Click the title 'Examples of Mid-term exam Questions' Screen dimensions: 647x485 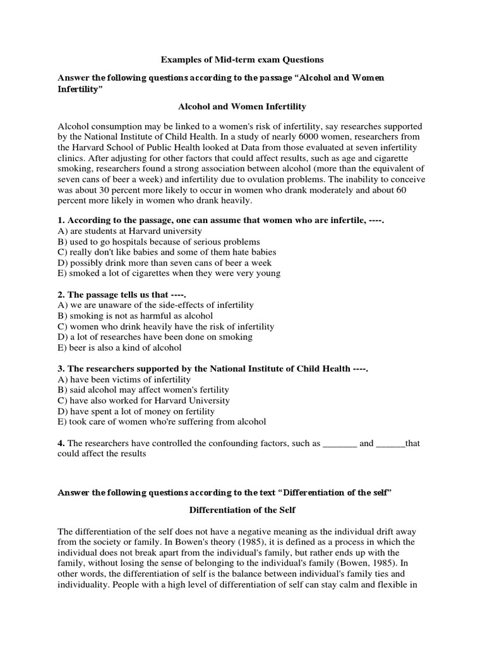pos(242,59)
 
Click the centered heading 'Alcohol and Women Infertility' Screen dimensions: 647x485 pos(242,107)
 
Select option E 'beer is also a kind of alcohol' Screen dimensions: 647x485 pos(119,347)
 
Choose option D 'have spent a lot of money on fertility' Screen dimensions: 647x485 pos(141,411)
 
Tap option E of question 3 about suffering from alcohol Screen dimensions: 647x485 pos(162,421)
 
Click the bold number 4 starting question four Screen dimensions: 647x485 pos(61,444)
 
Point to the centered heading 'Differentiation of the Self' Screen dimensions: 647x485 pos(242,510)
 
